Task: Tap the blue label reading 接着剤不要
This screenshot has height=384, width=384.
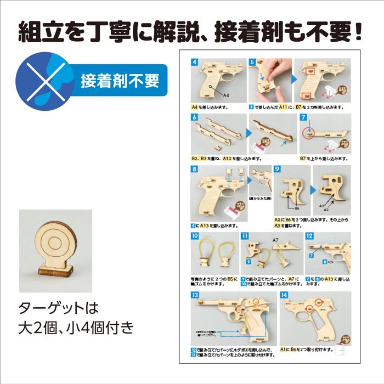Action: pyautogui.click(x=120, y=81)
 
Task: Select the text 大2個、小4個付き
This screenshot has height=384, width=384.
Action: pyautogui.click(x=76, y=329)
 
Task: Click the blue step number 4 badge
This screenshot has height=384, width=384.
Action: pyautogui.click(x=194, y=62)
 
